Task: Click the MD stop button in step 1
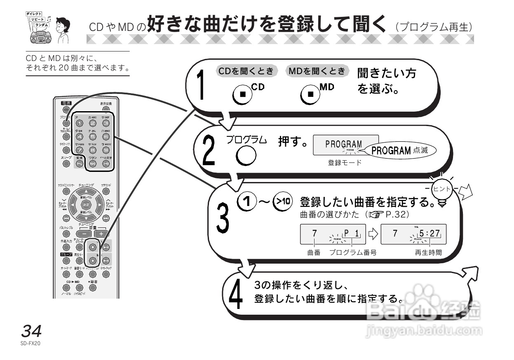coord(311,95)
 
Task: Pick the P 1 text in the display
coord(351,234)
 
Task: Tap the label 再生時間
coord(428,252)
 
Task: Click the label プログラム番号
coord(352,252)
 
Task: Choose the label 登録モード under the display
coord(345,163)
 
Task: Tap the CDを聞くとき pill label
coord(246,70)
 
